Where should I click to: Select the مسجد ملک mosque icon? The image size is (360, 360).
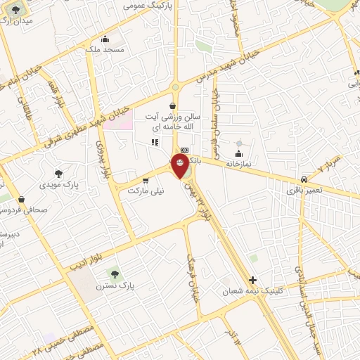tap(105, 39)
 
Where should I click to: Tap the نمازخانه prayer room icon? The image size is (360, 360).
tap(238, 154)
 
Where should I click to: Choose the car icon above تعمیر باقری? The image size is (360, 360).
tap(304, 179)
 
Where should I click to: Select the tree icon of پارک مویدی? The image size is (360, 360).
tap(58, 173)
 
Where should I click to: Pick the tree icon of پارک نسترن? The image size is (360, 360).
tap(112, 273)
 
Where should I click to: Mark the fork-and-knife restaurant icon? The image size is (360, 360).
tap(155, 142)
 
